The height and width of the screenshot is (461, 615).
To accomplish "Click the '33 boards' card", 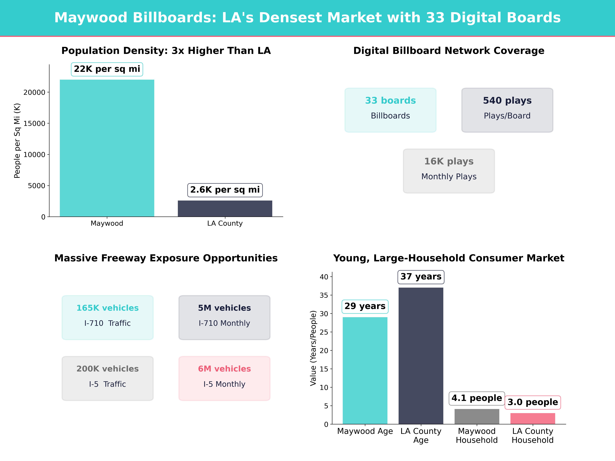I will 390,110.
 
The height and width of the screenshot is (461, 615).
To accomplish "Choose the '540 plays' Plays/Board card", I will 507,110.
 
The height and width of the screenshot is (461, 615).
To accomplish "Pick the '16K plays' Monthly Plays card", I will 449,171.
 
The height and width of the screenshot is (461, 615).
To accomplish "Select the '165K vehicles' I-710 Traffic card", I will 108,317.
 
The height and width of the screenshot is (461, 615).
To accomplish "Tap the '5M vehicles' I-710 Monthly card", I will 224,317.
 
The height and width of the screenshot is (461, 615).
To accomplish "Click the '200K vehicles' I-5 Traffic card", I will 108,378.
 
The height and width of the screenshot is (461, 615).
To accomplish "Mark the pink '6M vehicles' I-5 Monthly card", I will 224,378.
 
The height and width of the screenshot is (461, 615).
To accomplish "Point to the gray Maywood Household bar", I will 477,417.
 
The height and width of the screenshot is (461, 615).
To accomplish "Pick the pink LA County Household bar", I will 533,418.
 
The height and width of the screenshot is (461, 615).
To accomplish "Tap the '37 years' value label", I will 421,277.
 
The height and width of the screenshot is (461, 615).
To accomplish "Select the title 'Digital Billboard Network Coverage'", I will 449,51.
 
